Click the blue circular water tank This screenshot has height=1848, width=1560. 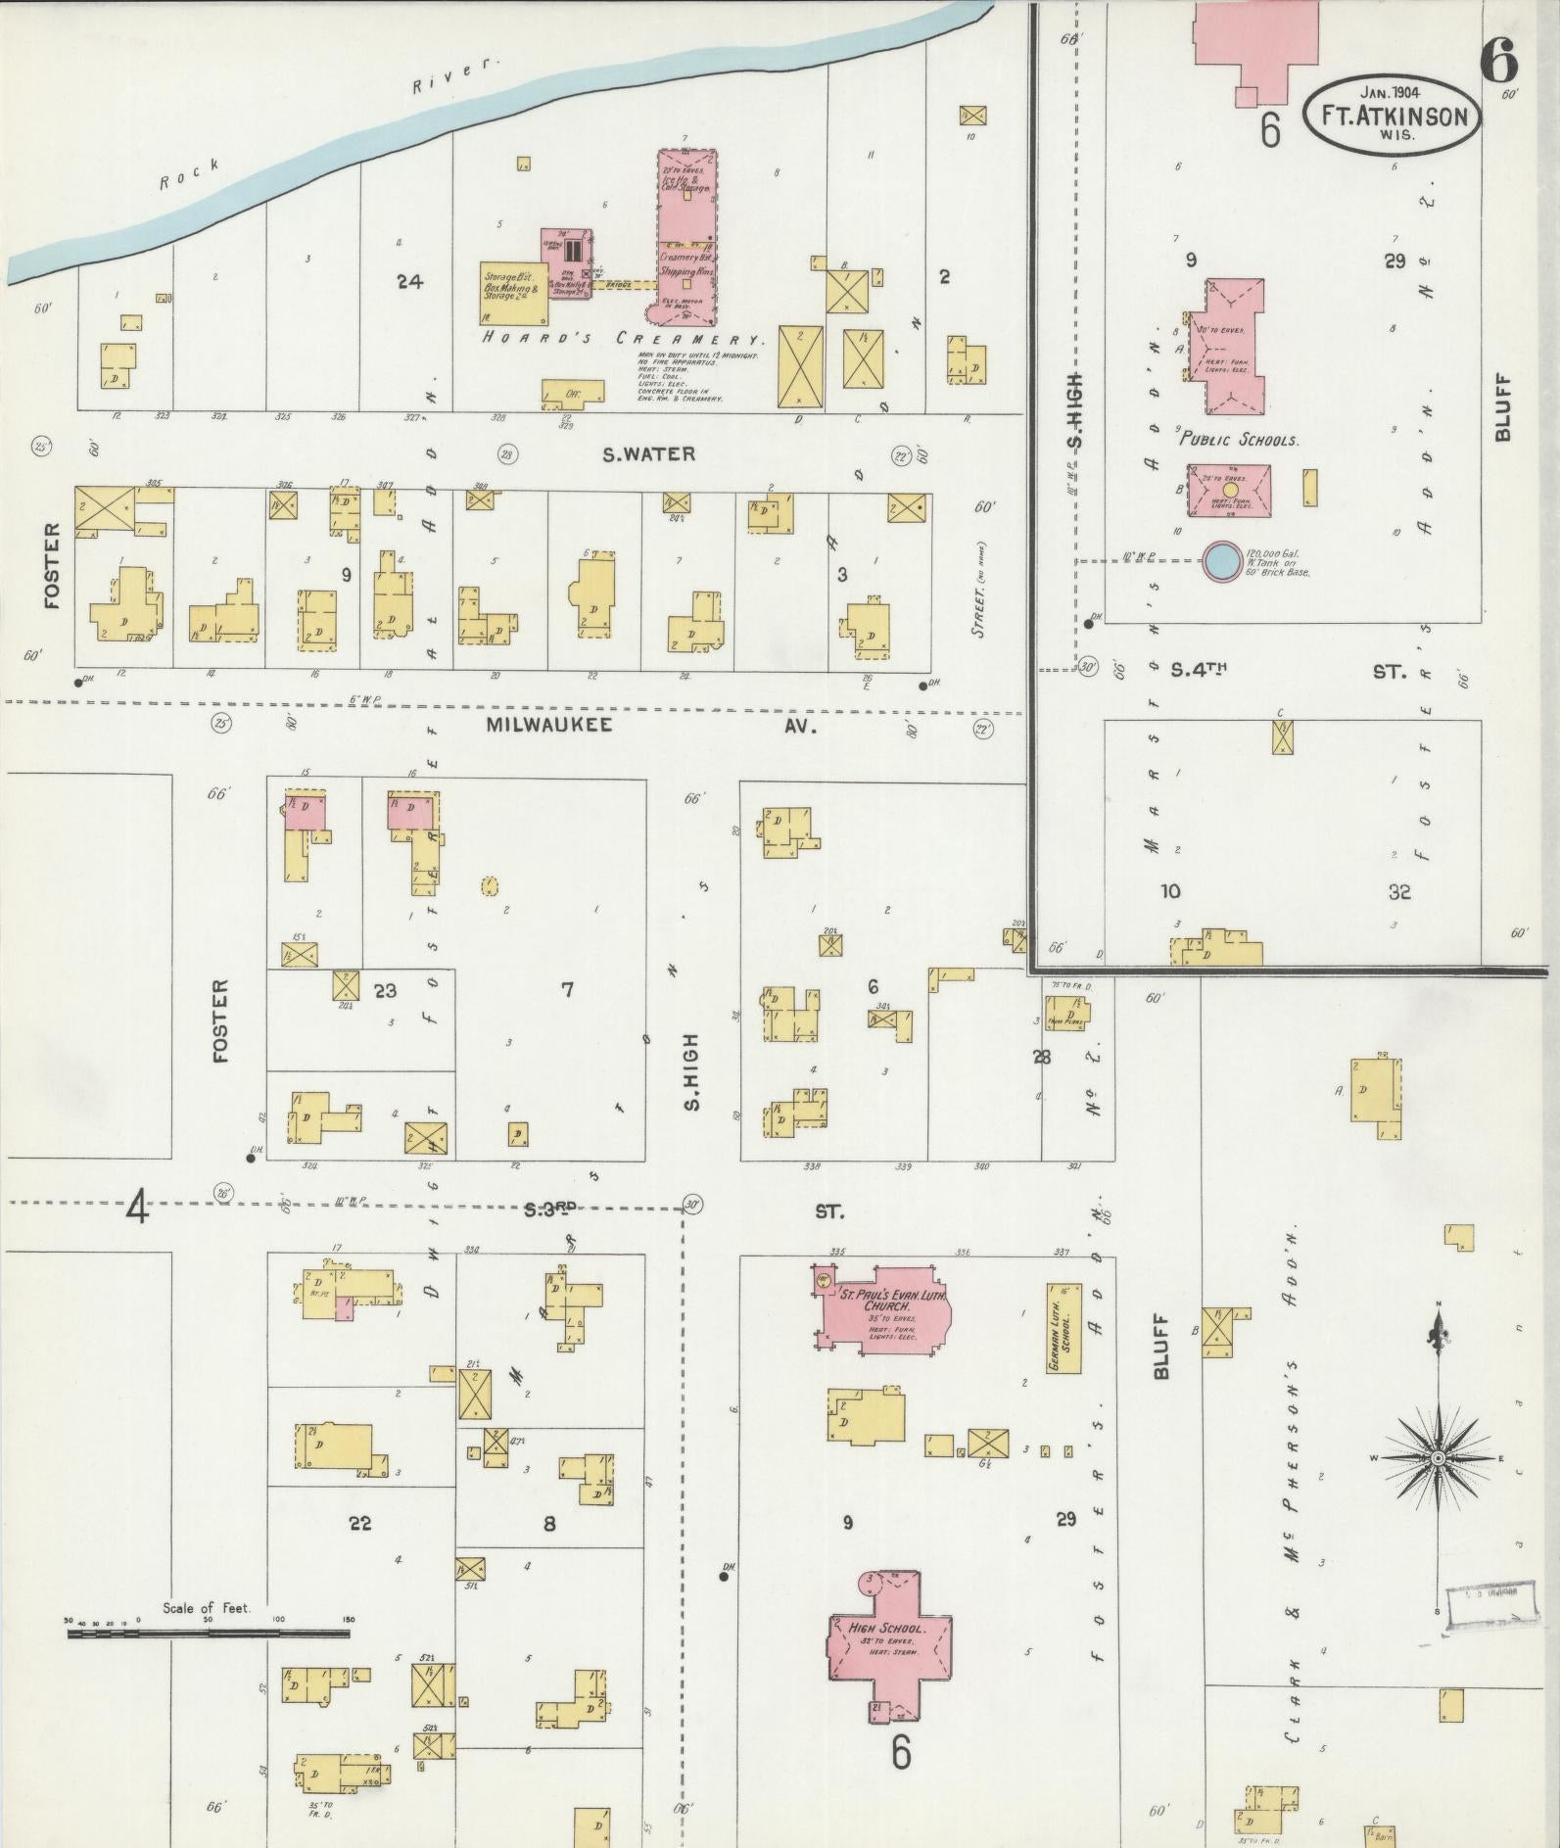coord(1220,561)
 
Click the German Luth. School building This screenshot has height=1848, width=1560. coord(1064,1328)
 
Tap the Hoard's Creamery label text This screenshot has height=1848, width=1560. coord(622,339)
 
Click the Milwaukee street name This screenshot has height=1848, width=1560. coord(548,725)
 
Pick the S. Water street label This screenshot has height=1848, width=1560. coord(648,454)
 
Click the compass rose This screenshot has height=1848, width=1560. coord(1438,1458)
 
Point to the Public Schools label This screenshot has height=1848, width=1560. coord(1239,440)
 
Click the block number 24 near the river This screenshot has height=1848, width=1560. coord(408,282)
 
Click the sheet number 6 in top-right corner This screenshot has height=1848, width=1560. coord(1498,62)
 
